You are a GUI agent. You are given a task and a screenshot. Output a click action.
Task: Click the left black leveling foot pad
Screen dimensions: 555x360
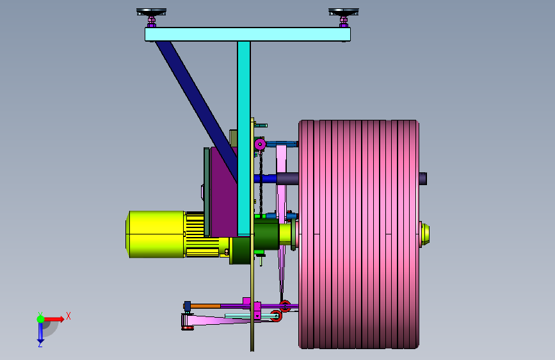151,12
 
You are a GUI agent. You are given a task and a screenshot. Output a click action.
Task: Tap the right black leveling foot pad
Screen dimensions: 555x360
343,12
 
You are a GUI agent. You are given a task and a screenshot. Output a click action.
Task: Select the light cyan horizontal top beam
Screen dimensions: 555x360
248,35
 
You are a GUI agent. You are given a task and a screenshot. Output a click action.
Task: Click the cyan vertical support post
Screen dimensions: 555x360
244,138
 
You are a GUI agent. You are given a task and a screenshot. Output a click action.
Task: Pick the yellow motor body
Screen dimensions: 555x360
156,234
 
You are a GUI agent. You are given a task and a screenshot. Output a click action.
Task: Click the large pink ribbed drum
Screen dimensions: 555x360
359,234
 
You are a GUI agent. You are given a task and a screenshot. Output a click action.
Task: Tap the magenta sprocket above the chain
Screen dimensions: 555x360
260,144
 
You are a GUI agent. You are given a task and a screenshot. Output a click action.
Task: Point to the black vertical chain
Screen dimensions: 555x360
261,183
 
